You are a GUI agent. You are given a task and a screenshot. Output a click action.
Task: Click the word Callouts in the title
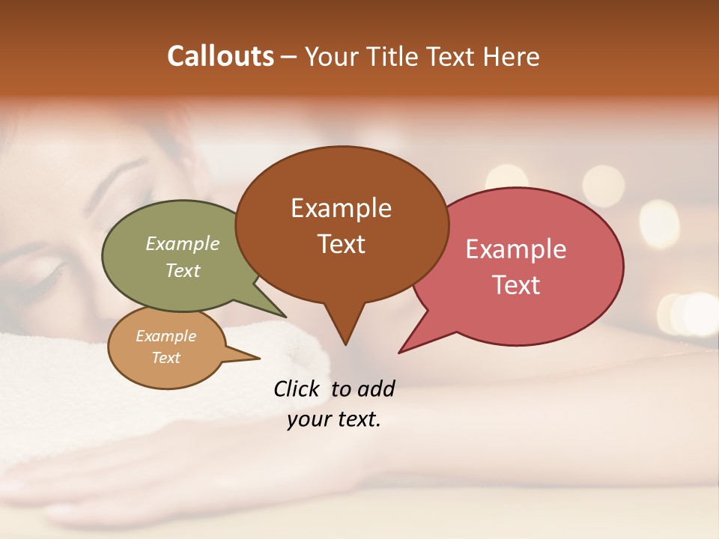[x=220, y=56]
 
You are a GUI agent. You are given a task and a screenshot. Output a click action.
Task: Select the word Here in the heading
[x=512, y=56]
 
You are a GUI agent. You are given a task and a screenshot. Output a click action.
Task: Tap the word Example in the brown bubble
[x=341, y=208]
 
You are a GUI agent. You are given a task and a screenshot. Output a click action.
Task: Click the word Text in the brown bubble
[x=341, y=244]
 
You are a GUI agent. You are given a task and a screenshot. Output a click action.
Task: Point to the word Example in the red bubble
[x=516, y=249]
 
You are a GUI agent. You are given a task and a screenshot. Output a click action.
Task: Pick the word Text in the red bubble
[x=516, y=285]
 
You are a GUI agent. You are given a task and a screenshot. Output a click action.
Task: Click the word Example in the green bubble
[x=183, y=244]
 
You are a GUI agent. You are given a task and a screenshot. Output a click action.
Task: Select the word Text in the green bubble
[x=183, y=270]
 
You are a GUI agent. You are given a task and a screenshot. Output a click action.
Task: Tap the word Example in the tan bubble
[x=166, y=336]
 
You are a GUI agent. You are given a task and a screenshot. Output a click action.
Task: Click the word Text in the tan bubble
[x=166, y=358]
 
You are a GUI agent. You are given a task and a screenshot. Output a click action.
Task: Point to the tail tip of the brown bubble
[x=345, y=344]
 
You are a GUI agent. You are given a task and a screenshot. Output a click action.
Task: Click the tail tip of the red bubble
[x=401, y=352]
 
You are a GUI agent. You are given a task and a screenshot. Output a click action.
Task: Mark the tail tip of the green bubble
[x=285, y=317]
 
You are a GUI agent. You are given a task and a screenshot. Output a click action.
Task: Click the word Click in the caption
[x=298, y=389]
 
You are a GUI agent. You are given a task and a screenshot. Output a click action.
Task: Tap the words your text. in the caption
[x=334, y=420]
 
